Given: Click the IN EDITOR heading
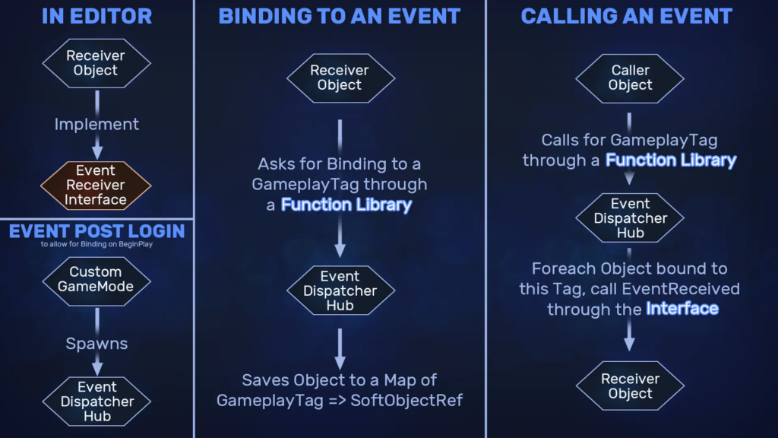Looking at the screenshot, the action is point(96,17).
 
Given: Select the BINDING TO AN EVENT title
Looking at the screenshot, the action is point(340,17).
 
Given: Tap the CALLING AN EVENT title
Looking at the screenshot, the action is point(626,17).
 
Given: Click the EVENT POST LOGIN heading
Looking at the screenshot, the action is point(96,231).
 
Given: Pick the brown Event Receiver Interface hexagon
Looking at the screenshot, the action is point(96,186).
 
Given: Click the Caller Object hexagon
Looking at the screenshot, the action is point(630,78).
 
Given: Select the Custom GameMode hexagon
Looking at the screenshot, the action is point(96,281).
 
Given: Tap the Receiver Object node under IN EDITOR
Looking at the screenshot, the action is point(96,63).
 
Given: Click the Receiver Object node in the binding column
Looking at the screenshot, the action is point(340,78).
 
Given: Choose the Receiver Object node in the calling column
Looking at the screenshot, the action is point(630,386).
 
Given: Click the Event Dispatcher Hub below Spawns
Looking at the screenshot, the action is point(96,401).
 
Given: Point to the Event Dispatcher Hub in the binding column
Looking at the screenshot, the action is point(340,290).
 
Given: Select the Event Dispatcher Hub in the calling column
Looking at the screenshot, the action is point(630,218).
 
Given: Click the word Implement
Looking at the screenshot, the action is point(96,124).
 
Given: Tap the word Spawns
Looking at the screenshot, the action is point(96,344).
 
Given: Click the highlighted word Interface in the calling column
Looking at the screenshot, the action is point(682,309).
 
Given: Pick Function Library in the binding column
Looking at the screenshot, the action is point(346,205).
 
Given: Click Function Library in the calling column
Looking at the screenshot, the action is point(671,160).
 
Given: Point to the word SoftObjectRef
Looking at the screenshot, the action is point(406,400).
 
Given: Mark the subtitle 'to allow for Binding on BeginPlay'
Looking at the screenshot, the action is point(96,244).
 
